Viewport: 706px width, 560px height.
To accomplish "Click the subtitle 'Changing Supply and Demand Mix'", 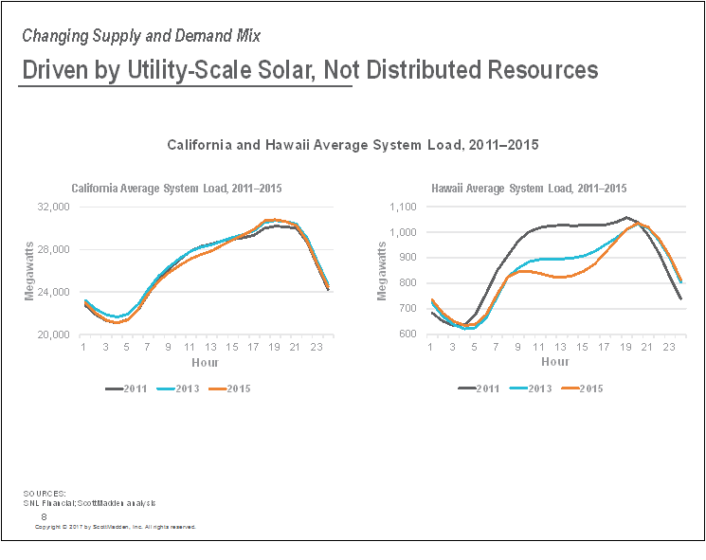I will tap(141, 36).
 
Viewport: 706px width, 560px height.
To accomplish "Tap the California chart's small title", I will tap(176, 188).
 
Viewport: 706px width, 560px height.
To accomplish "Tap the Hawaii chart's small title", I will tap(528, 188).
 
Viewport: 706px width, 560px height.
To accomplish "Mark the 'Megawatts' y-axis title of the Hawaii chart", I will tap(382, 271).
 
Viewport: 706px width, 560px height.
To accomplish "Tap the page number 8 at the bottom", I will tap(44, 515).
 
